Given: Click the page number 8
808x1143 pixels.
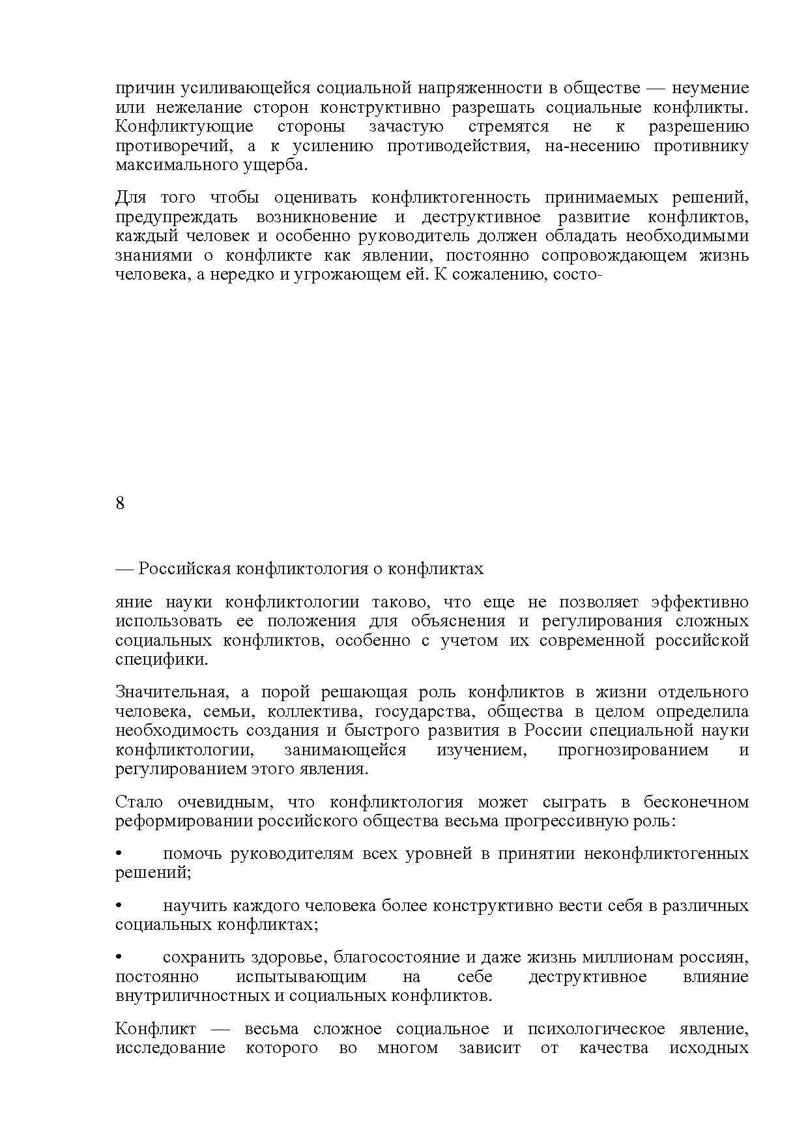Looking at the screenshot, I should tap(120, 504).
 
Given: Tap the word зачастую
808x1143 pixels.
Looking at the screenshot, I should tap(406, 126).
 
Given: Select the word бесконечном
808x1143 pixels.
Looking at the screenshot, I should tap(696, 802).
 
